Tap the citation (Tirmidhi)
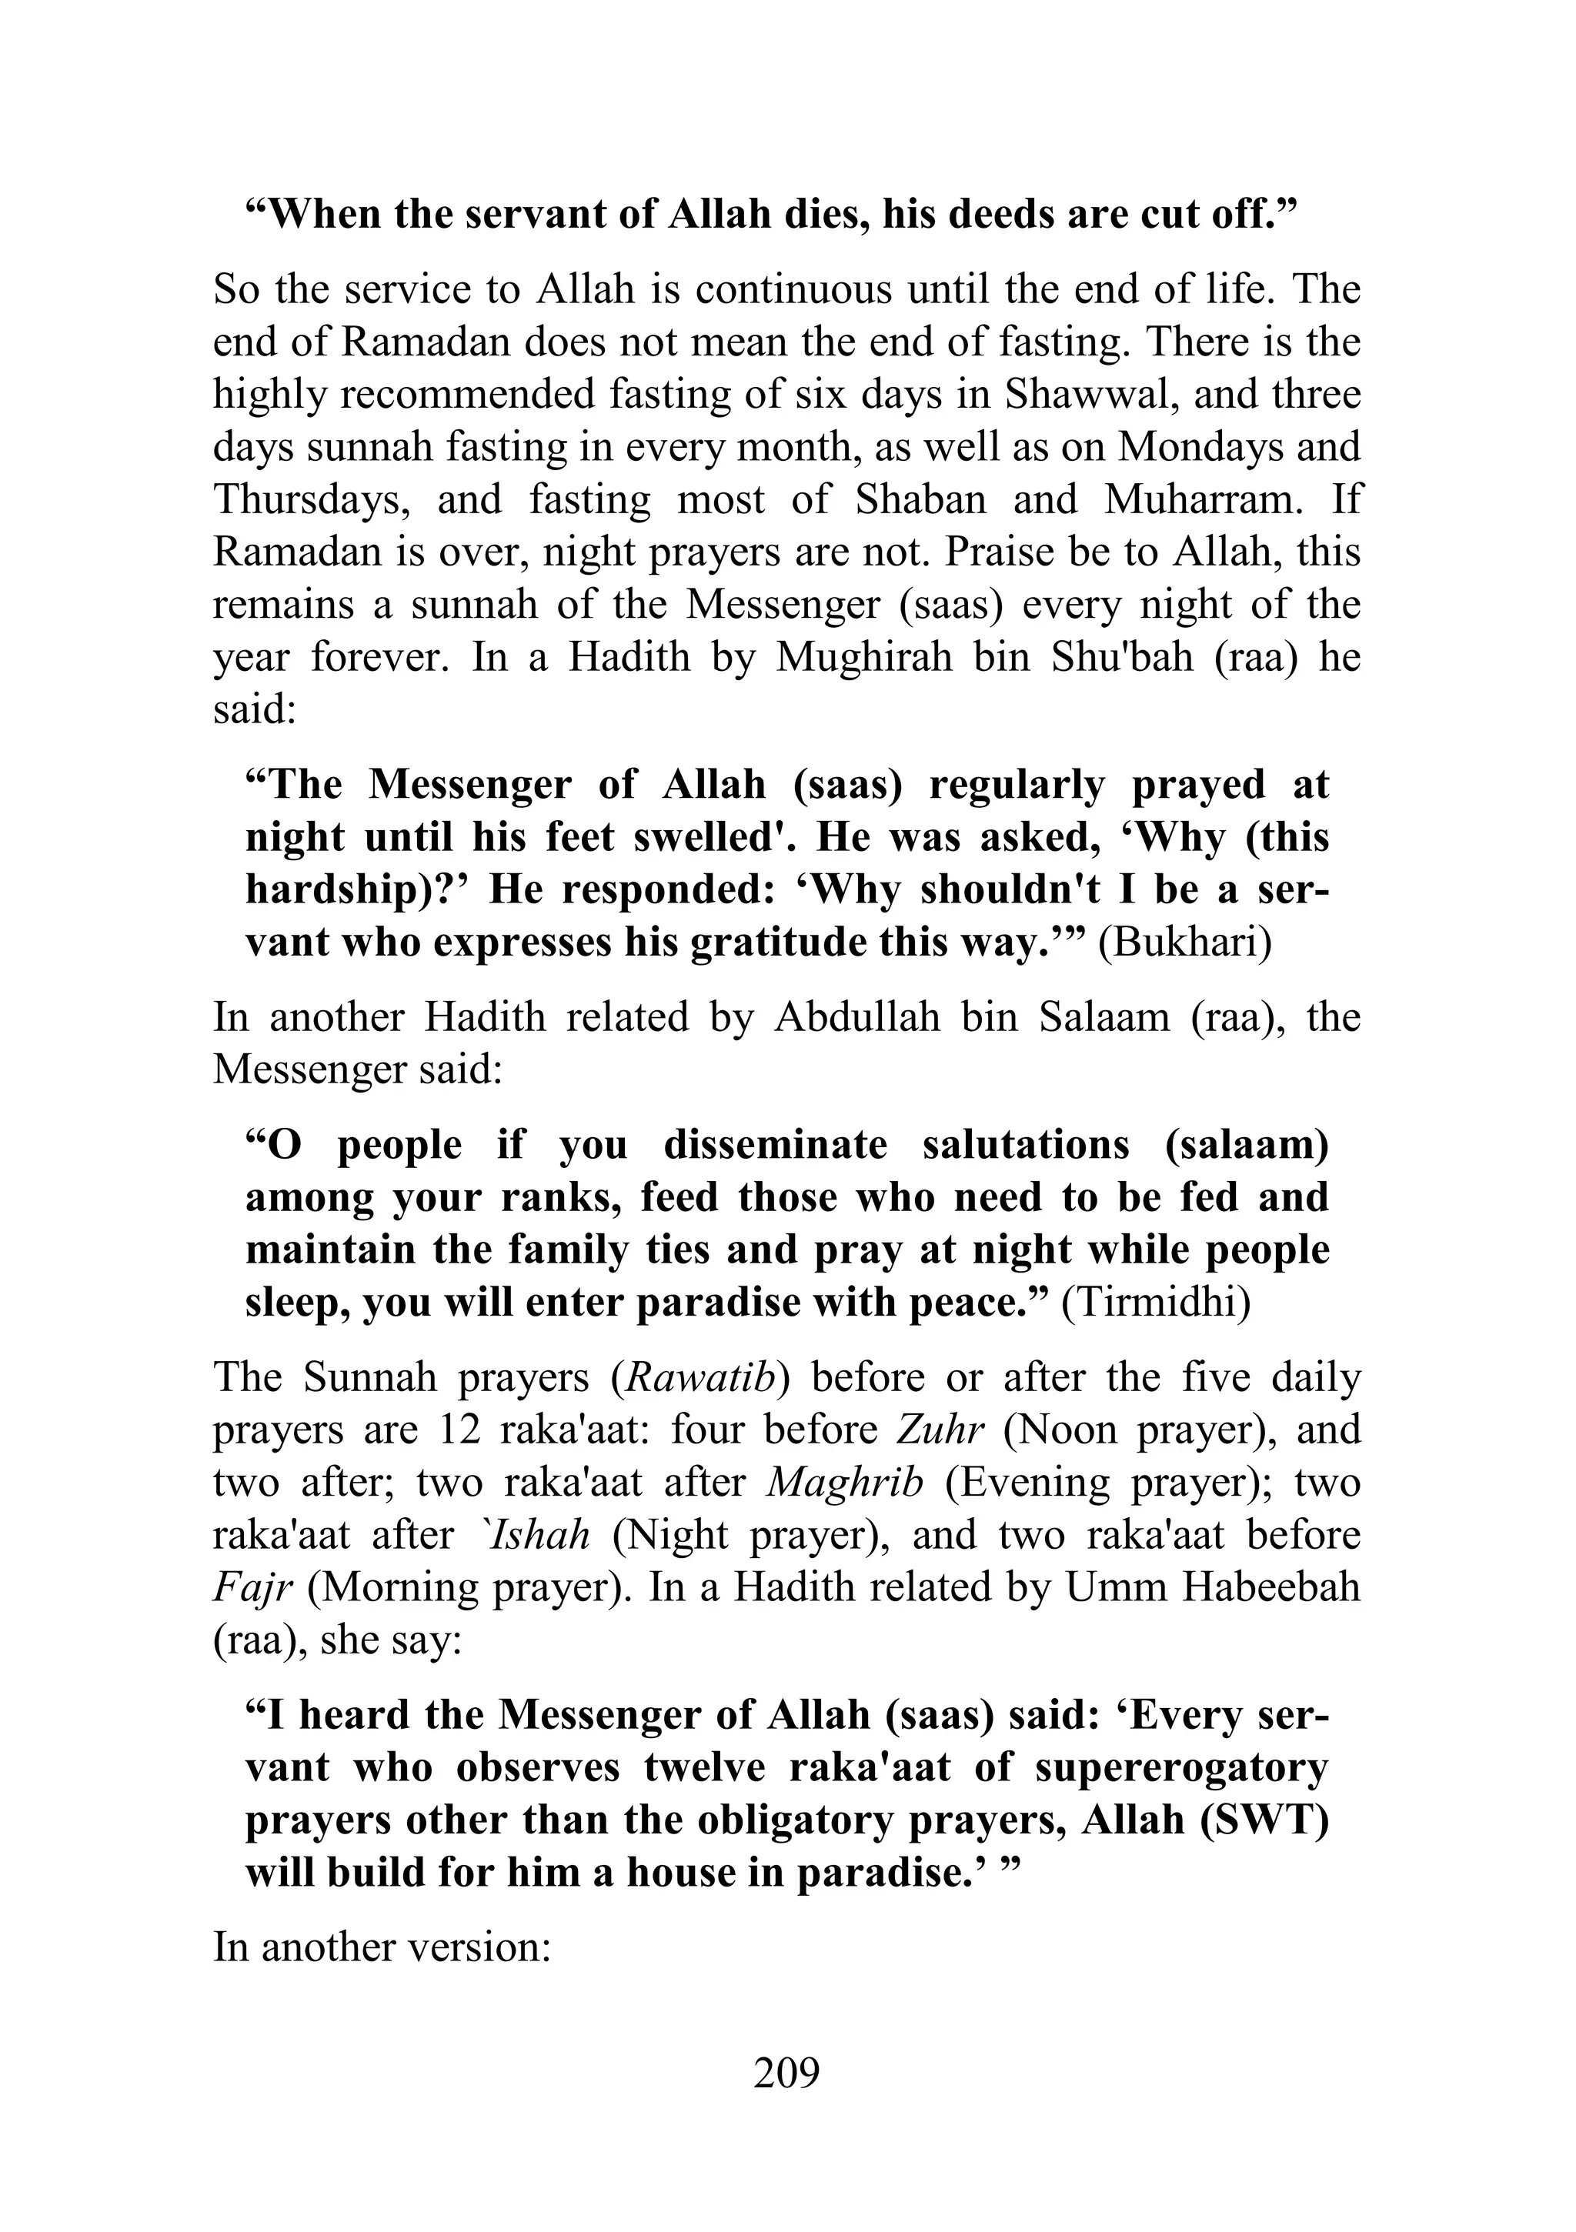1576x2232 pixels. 1156,1303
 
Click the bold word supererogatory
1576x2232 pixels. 1181,1768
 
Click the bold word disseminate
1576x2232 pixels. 775,1145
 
